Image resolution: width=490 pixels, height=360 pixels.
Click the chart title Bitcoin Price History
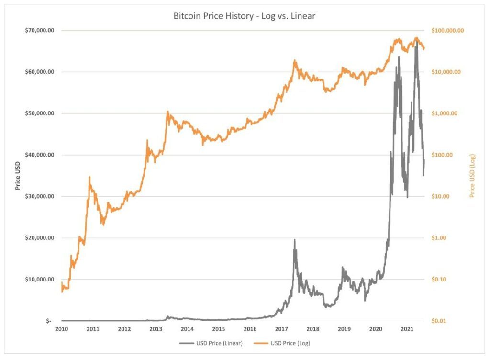pos(245,16)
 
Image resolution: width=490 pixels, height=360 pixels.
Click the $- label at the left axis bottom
pos(49,321)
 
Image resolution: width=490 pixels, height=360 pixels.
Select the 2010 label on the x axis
pos(61,329)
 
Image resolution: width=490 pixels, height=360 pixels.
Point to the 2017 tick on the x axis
pos(281,329)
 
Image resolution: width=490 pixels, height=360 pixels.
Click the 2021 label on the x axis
pos(407,329)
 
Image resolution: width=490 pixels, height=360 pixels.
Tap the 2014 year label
pos(187,329)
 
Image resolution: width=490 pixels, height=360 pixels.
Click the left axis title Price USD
pos(18,175)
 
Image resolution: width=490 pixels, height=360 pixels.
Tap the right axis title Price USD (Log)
pos(472,175)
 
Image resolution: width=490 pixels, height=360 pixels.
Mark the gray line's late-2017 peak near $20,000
pos(294,240)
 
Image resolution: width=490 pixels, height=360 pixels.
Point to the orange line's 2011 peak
pos(89,177)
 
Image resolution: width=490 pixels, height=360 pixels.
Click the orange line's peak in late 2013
pos(167,112)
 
